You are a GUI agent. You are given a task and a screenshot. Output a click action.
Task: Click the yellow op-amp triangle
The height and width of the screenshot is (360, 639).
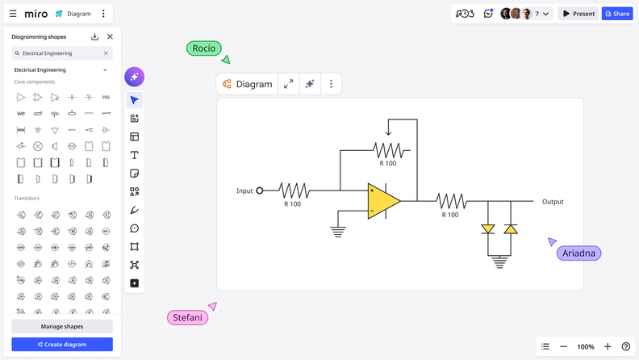point(382,202)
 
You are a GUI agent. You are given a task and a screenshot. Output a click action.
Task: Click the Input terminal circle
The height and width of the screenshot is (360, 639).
point(260,191)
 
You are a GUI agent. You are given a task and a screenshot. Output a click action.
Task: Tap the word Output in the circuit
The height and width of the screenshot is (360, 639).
point(553,202)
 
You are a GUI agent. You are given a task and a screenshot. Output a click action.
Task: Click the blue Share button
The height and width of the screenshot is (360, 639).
point(617,14)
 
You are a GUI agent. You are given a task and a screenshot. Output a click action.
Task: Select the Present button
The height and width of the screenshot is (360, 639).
point(578,14)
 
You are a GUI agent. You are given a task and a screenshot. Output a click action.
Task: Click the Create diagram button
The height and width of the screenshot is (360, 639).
point(62,345)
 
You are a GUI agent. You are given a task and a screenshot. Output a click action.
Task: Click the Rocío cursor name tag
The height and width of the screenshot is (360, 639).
point(204,48)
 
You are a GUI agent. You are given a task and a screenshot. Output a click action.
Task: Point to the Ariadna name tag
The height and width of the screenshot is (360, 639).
point(578,253)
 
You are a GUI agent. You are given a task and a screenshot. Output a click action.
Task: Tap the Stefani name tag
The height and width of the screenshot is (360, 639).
point(187,317)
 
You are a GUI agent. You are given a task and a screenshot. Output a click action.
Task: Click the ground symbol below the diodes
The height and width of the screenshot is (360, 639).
point(499,262)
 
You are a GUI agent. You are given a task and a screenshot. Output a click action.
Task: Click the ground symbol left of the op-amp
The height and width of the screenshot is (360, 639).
point(338,232)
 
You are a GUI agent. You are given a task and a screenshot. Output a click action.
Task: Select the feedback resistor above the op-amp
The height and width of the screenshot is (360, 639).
point(389,150)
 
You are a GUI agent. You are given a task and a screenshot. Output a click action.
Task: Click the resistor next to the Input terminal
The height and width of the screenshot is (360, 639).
point(293,191)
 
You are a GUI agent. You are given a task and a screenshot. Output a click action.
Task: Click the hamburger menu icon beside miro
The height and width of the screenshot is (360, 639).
point(13,14)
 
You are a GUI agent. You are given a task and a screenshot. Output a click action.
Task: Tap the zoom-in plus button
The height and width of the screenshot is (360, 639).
point(608,347)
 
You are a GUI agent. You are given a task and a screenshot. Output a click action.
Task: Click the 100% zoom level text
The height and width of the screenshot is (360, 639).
point(586,347)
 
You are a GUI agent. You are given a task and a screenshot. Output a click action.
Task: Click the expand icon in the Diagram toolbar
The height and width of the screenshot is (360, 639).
point(289,84)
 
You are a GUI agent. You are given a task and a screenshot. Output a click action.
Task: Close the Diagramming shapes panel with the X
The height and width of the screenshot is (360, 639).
point(111,37)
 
